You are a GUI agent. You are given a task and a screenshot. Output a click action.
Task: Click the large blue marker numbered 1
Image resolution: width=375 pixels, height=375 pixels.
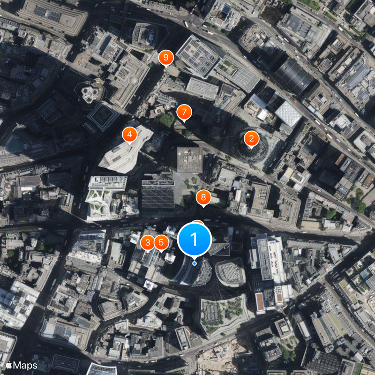[x=195, y=239]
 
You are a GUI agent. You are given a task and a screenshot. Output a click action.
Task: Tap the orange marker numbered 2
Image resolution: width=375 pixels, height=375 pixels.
[x=252, y=138]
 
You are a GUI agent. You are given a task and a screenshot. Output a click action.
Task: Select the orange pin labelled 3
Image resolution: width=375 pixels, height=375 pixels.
[x=148, y=242]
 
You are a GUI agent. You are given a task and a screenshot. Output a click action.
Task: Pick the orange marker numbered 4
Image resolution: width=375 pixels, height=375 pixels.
[x=129, y=134]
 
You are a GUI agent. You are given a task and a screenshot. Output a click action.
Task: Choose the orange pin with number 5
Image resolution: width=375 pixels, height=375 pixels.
[x=161, y=242]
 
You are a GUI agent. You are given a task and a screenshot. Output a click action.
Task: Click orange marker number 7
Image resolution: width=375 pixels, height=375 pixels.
[x=184, y=112]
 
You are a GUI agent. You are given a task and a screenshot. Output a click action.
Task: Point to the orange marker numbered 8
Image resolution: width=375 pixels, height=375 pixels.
[x=203, y=198]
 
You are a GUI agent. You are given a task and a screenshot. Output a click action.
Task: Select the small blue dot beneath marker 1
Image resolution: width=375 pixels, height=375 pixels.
[x=195, y=263]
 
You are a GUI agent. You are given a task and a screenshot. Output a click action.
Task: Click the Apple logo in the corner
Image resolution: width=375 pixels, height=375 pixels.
[x=8, y=365]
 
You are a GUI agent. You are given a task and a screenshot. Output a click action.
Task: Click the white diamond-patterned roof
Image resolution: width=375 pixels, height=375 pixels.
[x=288, y=113]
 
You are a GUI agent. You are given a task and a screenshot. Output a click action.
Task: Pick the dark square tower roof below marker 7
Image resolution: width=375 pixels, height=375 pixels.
[x=190, y=159]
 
